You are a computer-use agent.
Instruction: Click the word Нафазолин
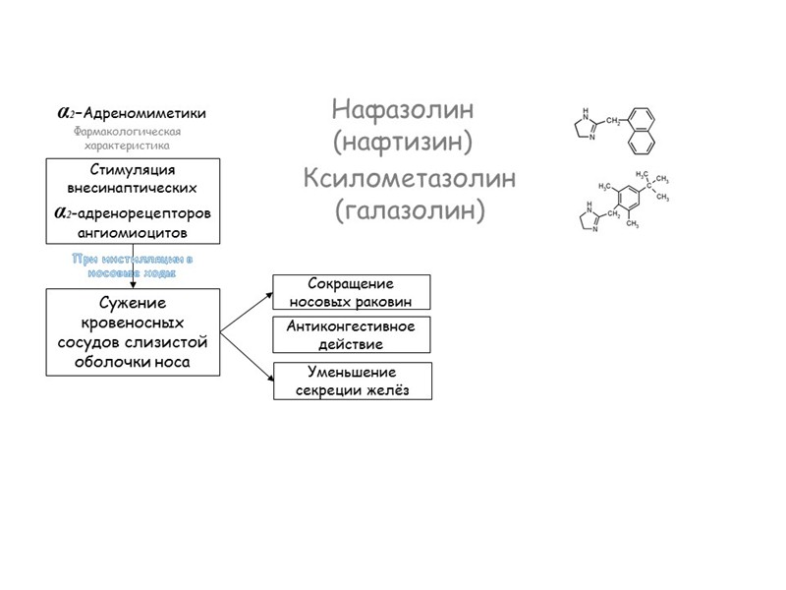point(403,109)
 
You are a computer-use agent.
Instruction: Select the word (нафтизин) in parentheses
point(403,143)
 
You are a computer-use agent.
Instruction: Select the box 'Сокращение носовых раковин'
point(352,293)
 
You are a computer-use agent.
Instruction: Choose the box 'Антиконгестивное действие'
point(352,336)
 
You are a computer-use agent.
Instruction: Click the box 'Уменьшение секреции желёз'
point(352,382)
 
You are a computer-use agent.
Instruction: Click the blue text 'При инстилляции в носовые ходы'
point(133,265)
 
